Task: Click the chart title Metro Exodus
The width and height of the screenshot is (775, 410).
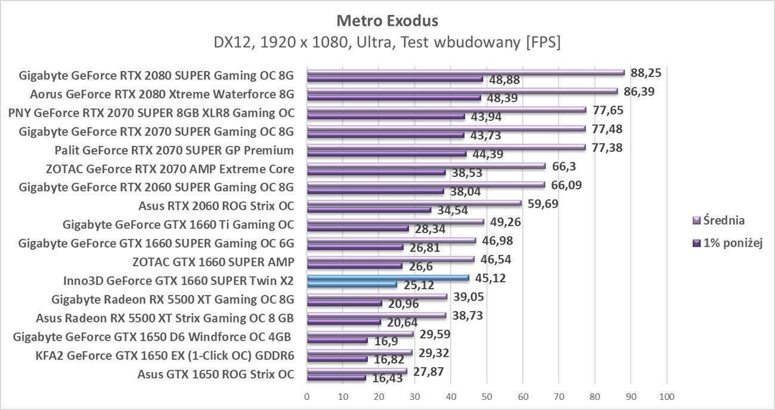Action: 387,21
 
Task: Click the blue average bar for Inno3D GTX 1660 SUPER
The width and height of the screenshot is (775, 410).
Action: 387,278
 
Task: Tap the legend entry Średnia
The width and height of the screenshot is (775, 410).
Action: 723,220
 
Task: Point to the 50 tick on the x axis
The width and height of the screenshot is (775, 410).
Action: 486,396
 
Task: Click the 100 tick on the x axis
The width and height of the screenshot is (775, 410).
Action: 666,396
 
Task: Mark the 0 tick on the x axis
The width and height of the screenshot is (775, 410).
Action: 307,396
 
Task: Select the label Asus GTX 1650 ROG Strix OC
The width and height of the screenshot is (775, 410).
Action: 215,374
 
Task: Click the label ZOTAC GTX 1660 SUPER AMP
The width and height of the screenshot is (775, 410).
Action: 213,262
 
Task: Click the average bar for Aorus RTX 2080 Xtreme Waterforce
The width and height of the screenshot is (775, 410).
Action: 462,91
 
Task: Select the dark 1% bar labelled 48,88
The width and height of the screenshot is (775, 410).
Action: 395,79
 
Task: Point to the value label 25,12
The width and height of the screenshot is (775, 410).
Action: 418,285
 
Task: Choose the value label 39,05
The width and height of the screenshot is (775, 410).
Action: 469,296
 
